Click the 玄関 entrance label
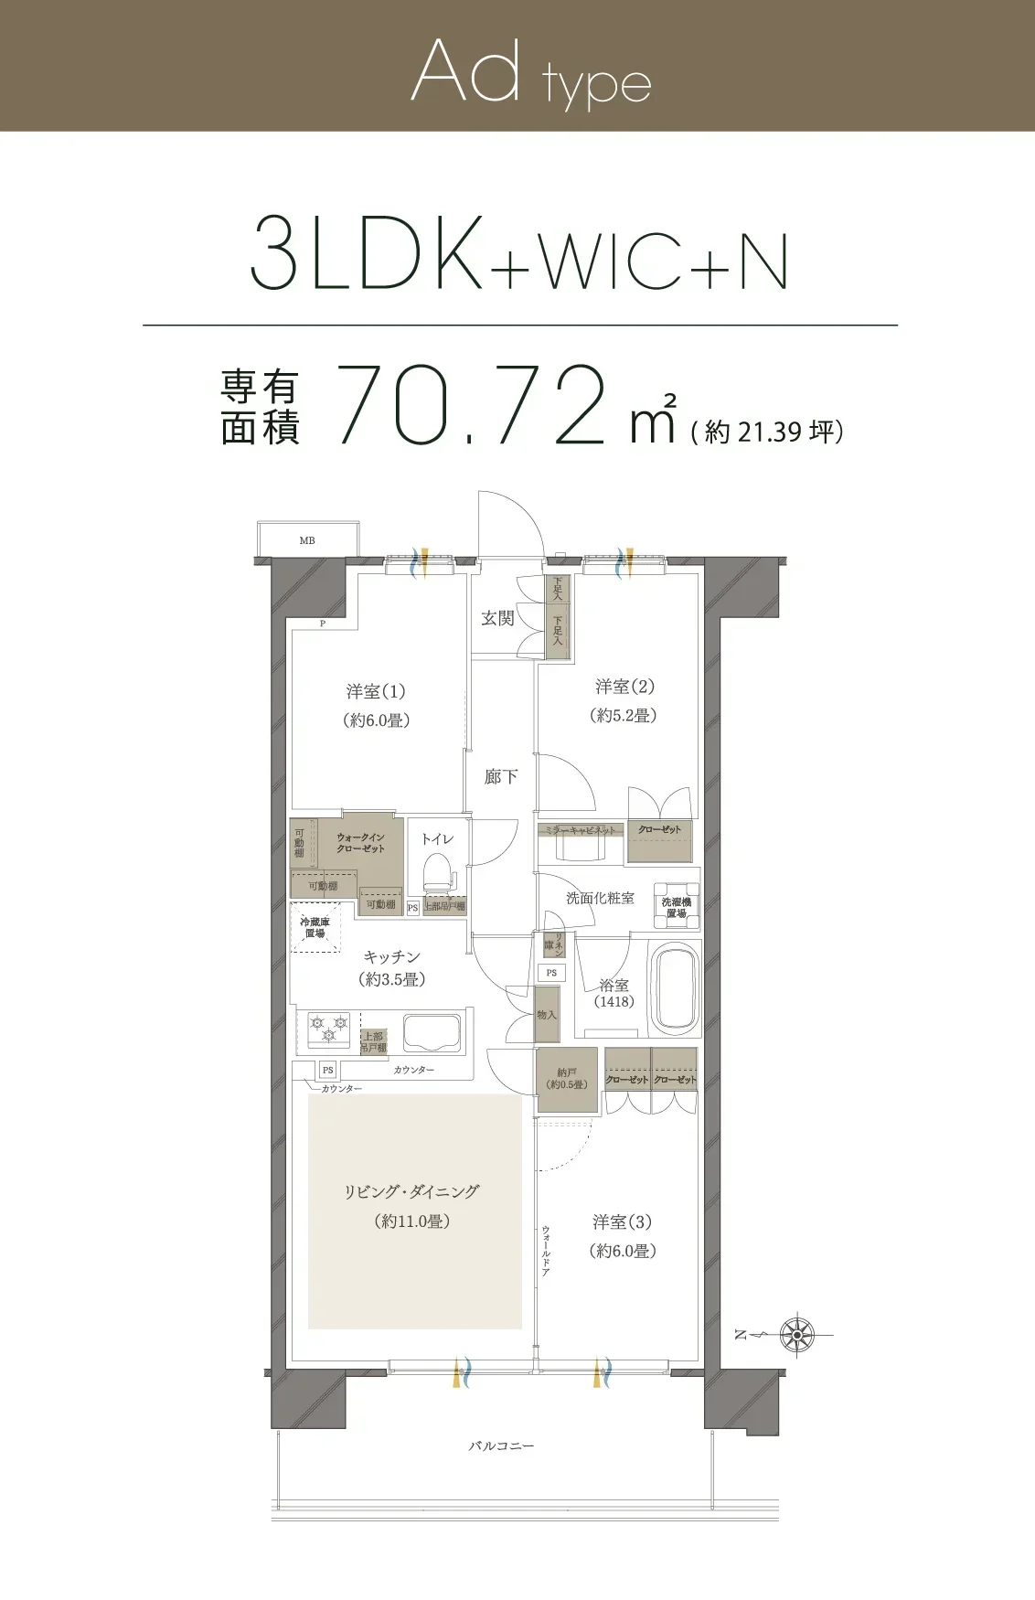[x=498, y=619]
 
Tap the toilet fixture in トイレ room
[x=439, y=874]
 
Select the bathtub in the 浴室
[x=675, y=988]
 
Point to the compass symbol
[x=796, y=1335]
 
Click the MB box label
[x=307, y=540]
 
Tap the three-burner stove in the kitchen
[x=328, y=1029]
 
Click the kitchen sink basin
[x=432, y=1031]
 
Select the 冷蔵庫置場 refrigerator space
[x=315, y=928]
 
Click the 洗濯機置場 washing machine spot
[x=677, y=907]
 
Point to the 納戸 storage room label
[x=567, y=1078]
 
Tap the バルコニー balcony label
[x=501, y=1446]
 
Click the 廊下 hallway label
[x=501, y=777]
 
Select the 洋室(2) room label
[x=624, y=687]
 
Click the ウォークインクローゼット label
[x=360, y=843]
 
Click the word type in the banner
[x=596, y=85]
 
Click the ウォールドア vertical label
[x=546, y=1251]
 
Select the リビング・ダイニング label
[x=411, y=1191]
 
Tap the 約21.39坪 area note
[x=767, y=432]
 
